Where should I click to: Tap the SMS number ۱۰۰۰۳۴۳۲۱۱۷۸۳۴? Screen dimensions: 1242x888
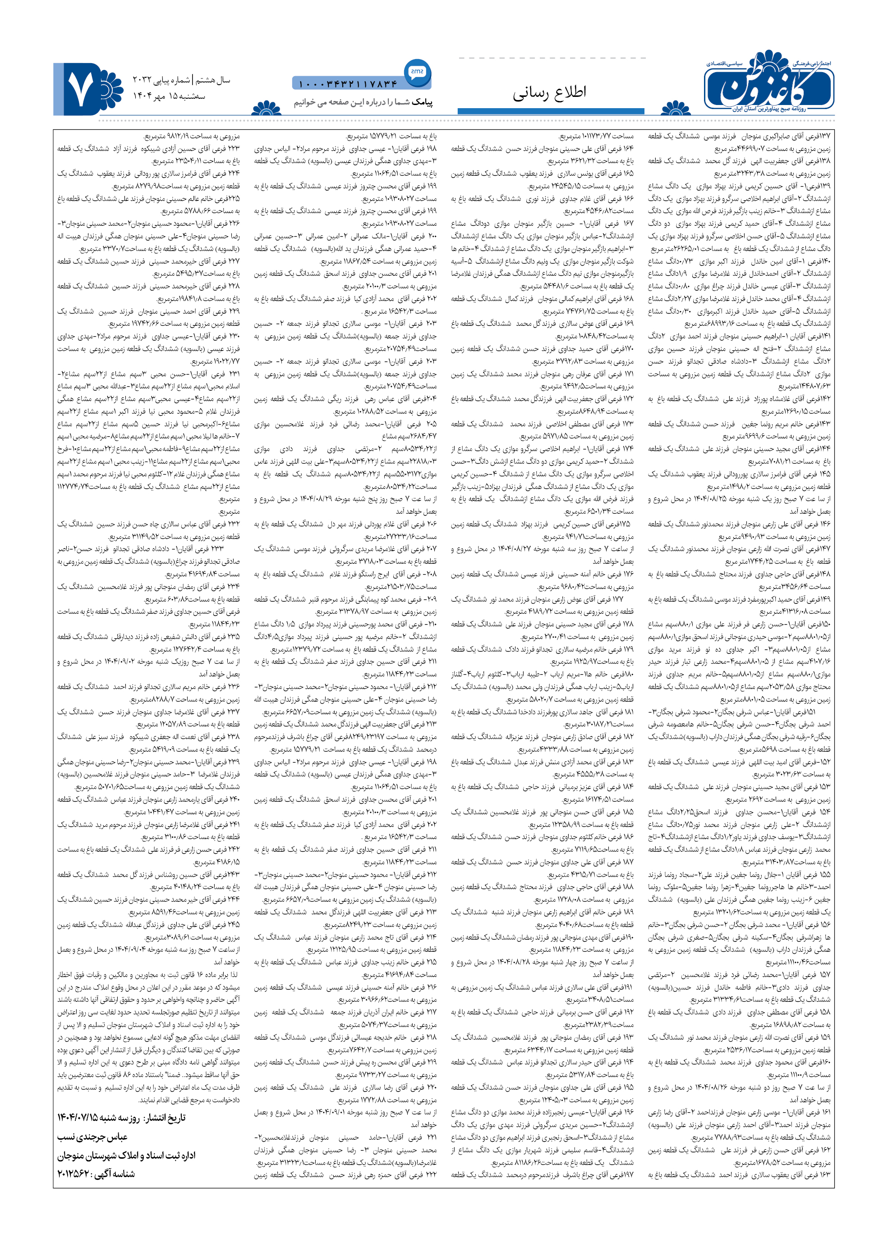pyautogui.click(x=348, y=84)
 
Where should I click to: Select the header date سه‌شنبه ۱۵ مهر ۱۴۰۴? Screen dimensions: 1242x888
pyautogui.click(x=169, y=96)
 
